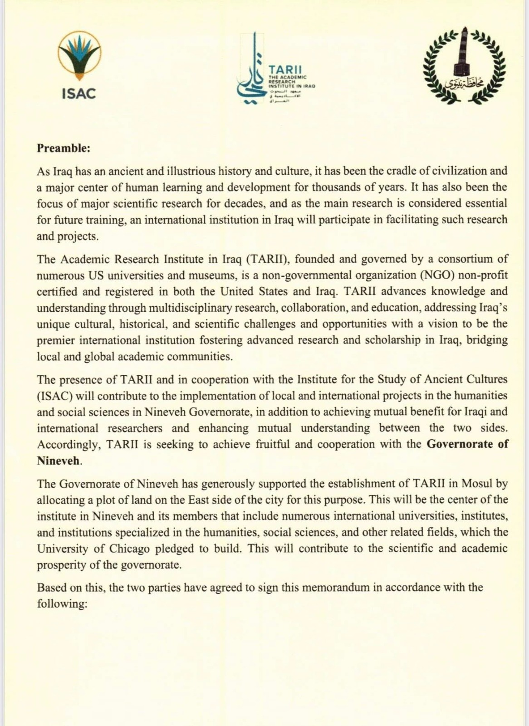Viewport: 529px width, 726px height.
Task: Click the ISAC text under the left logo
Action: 79,94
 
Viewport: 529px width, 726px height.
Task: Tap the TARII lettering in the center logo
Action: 284,70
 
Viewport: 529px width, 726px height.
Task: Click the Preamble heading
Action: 64,148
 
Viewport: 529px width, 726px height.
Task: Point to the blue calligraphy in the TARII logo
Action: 251,73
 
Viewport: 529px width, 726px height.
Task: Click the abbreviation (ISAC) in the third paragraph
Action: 55,395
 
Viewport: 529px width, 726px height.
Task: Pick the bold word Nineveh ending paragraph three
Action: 59,461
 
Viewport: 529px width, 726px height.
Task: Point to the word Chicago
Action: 129,548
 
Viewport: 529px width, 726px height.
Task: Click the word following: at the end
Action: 62,604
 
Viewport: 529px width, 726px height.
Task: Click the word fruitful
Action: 272,444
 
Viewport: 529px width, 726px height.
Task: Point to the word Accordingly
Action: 69,444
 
